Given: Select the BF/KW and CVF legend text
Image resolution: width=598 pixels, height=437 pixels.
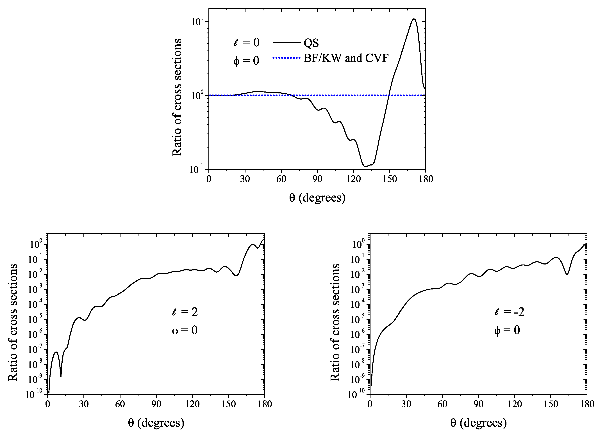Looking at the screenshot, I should (x=346, y=58).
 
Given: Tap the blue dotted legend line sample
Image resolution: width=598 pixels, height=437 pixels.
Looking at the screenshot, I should (x=287, y=58).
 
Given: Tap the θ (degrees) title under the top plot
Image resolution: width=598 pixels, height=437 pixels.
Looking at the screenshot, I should (x=317, y=198).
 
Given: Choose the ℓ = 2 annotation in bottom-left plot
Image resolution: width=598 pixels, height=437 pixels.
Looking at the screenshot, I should (x=185, y=312).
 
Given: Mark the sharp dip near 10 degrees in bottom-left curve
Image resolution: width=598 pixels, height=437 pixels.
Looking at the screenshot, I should (x=61, y=377).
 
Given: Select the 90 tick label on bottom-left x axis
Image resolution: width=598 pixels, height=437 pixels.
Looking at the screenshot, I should (x=156, y=404).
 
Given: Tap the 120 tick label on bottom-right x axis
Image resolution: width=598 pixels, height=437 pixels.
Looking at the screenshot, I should (x=514, y=404).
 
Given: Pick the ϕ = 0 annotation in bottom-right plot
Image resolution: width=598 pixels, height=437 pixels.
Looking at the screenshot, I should (x=507, y=330).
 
